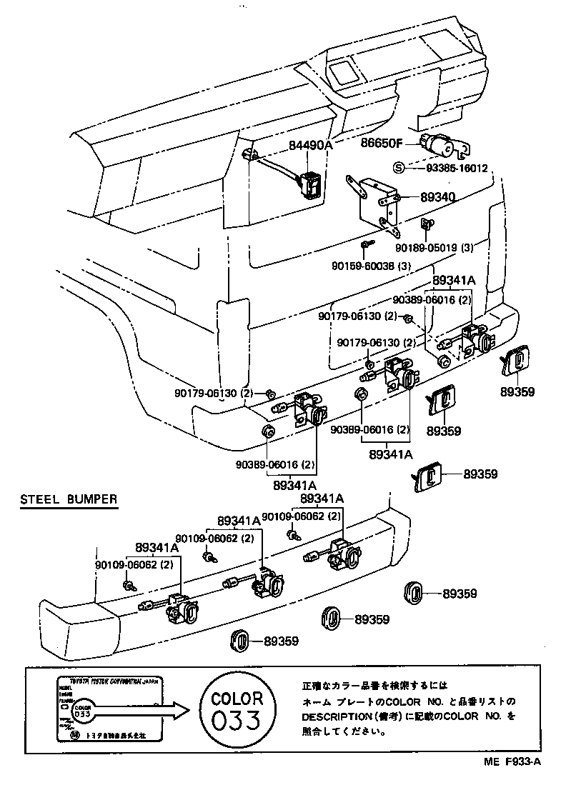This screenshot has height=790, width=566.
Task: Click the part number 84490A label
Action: coord(311,145)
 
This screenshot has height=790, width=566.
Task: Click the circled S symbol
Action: coord(398,169)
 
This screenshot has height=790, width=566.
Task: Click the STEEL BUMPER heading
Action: coord(68,499)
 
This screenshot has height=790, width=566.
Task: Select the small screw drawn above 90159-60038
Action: coord(366,246)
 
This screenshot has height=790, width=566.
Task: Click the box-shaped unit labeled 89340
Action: coord(377,204)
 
